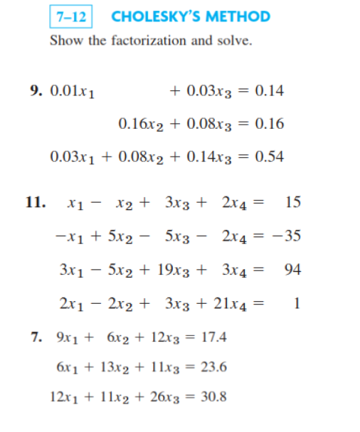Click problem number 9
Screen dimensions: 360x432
35,91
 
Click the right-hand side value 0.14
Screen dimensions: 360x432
269,91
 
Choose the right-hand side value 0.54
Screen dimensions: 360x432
269,157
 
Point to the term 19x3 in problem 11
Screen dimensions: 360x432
179,269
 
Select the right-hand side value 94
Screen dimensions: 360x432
292,269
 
